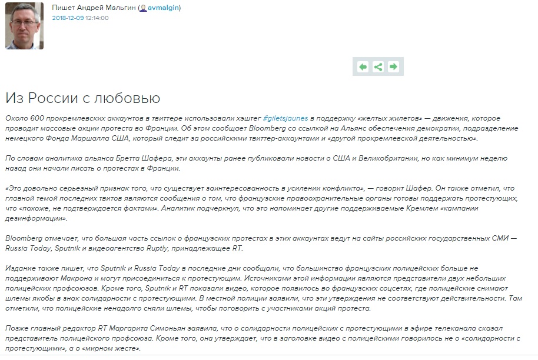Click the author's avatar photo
(24, 26)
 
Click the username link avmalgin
(163, 8)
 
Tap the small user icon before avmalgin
(143, 8)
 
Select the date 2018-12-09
(68, 18)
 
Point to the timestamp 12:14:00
(97, 18)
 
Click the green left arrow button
(363, 67)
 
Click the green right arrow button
(393, 67)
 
